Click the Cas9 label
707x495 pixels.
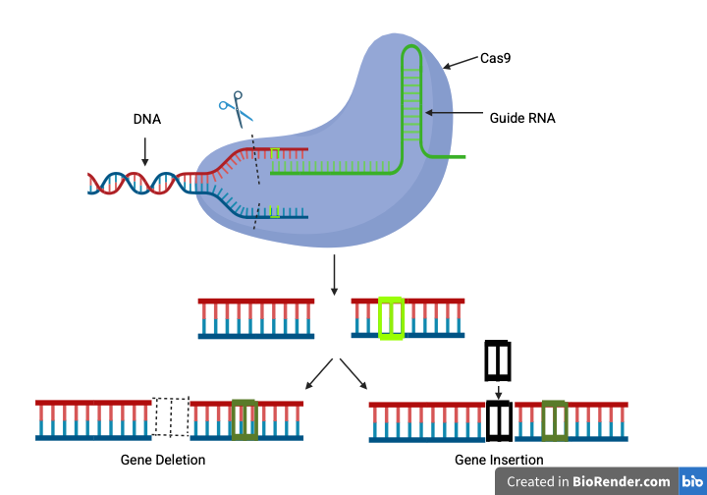(x=494, y=59)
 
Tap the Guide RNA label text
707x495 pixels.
(x=522, y=118)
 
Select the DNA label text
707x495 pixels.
(x=147, y=120)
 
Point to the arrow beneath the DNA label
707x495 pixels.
(x=145, y=150)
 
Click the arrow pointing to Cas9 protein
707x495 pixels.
(x=460, y=64)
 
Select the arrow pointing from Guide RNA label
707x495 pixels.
(x=452, y=115)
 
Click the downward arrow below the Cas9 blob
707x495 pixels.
(x=335, y=274)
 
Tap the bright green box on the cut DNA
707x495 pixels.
(x=391, y=318)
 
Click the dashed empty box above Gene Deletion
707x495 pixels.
(x=171, y=416)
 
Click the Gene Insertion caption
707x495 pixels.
(x=499, y=460)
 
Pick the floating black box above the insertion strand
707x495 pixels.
(x=498, y=360)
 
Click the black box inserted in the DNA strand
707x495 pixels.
(x=499, y=420)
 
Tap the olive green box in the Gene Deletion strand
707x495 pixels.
(x=244, y=418)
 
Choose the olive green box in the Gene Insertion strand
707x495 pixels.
(x=555, y=419)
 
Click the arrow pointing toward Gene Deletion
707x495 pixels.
(x=318, y=375)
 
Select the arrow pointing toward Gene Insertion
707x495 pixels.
(x=353, y=375)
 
